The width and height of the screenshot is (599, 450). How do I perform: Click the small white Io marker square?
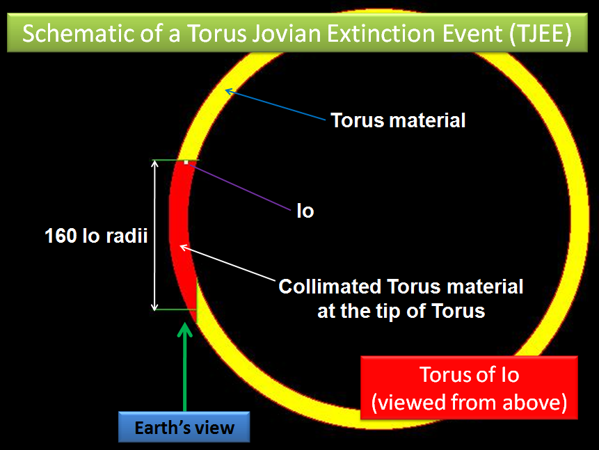pos(186,162)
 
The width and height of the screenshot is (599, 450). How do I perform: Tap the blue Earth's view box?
pos(184,427)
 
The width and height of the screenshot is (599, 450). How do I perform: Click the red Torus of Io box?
pos(469,387)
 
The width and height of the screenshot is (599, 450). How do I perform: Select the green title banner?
pos(297,33)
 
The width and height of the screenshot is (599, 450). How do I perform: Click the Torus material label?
pos(398,120)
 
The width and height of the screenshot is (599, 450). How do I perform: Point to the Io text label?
pos(305,211)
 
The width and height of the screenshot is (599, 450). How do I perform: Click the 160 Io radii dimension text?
pos(96,236)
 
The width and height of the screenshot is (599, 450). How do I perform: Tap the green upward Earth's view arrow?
pos(185,367)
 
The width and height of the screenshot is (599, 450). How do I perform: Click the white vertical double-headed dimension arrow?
pos(154,235)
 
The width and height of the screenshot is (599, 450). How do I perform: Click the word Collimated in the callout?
pos(330,287)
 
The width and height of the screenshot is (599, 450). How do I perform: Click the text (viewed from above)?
pos(469,402)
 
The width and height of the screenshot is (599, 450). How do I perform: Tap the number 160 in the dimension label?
pos(61,236)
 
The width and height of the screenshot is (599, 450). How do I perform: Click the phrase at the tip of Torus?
pos(401,311)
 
